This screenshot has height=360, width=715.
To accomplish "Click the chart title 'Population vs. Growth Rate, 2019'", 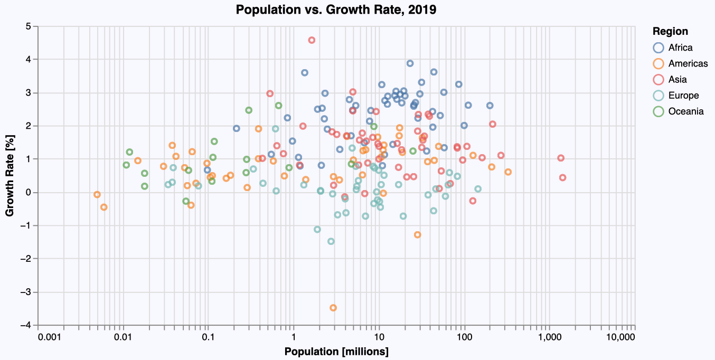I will click(336, 10).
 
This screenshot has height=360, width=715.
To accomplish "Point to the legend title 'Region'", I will click(670, 31).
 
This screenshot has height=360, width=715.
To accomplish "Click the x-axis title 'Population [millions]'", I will click(336, 352).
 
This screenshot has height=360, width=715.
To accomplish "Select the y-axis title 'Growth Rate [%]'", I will click(10, 176).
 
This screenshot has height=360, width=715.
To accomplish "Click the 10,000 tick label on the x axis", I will click(620, 337).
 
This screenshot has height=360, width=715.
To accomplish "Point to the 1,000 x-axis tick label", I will click(549, 337).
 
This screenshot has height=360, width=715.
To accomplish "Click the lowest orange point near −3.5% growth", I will click(333, 308).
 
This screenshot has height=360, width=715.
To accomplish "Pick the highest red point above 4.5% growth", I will click(312, 40).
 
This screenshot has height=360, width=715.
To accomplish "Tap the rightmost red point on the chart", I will click(562, 178).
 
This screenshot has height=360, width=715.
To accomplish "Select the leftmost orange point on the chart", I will click(97, 195).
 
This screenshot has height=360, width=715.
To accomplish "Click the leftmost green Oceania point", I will click(126, 165).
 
